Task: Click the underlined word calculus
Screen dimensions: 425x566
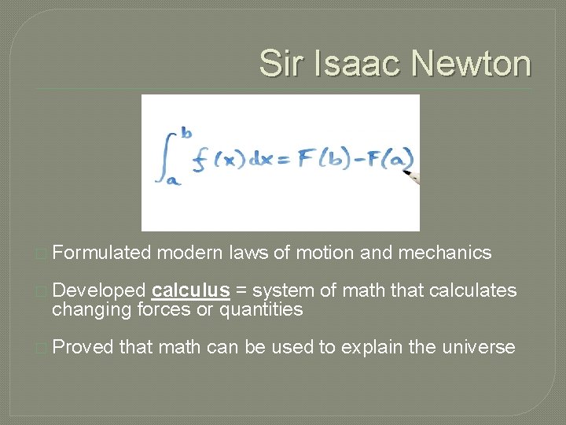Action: (191, 291)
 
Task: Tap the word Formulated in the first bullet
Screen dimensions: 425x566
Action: (101, 253)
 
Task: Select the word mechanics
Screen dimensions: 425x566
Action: (445, 253)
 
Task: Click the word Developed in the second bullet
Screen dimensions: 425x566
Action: (98, 291)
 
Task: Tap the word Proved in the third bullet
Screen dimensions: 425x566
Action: (83, 347)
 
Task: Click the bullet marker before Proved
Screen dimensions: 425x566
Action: (42, 348)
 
